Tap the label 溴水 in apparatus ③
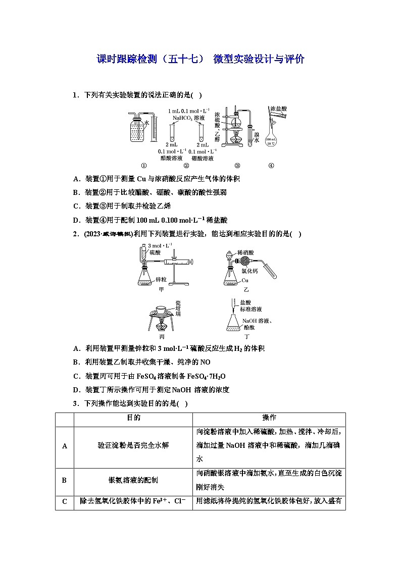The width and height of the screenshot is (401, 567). click(257, 137)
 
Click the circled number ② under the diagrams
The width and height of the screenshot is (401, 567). click(186, 165)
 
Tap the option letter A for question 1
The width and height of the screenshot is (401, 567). click(75, 179)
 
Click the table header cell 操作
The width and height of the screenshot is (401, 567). click(269, 418)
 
